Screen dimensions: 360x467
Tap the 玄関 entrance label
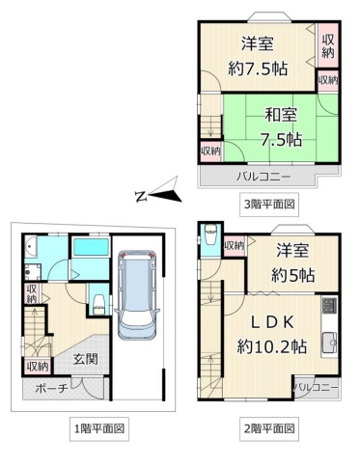(85, 359)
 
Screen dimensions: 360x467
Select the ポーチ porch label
(51, 388)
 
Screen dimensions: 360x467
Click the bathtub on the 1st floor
(91, 248)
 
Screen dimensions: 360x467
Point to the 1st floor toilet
(98, 304)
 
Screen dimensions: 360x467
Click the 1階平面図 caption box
(99, 428)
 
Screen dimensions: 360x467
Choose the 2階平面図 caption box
(269, 428)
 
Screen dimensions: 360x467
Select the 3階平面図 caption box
(269, 205)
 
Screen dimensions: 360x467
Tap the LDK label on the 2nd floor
(272, 322)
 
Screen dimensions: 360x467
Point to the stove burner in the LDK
(329, 306)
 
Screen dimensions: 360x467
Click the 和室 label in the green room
(281, 115)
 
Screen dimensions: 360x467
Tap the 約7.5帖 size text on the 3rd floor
(258, 68)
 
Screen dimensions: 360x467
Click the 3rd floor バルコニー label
(263, 177)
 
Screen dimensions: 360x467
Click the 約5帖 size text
(292, 275)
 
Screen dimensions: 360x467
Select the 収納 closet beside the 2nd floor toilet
(235, 246)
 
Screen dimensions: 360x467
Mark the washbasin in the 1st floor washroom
(30, 247)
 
